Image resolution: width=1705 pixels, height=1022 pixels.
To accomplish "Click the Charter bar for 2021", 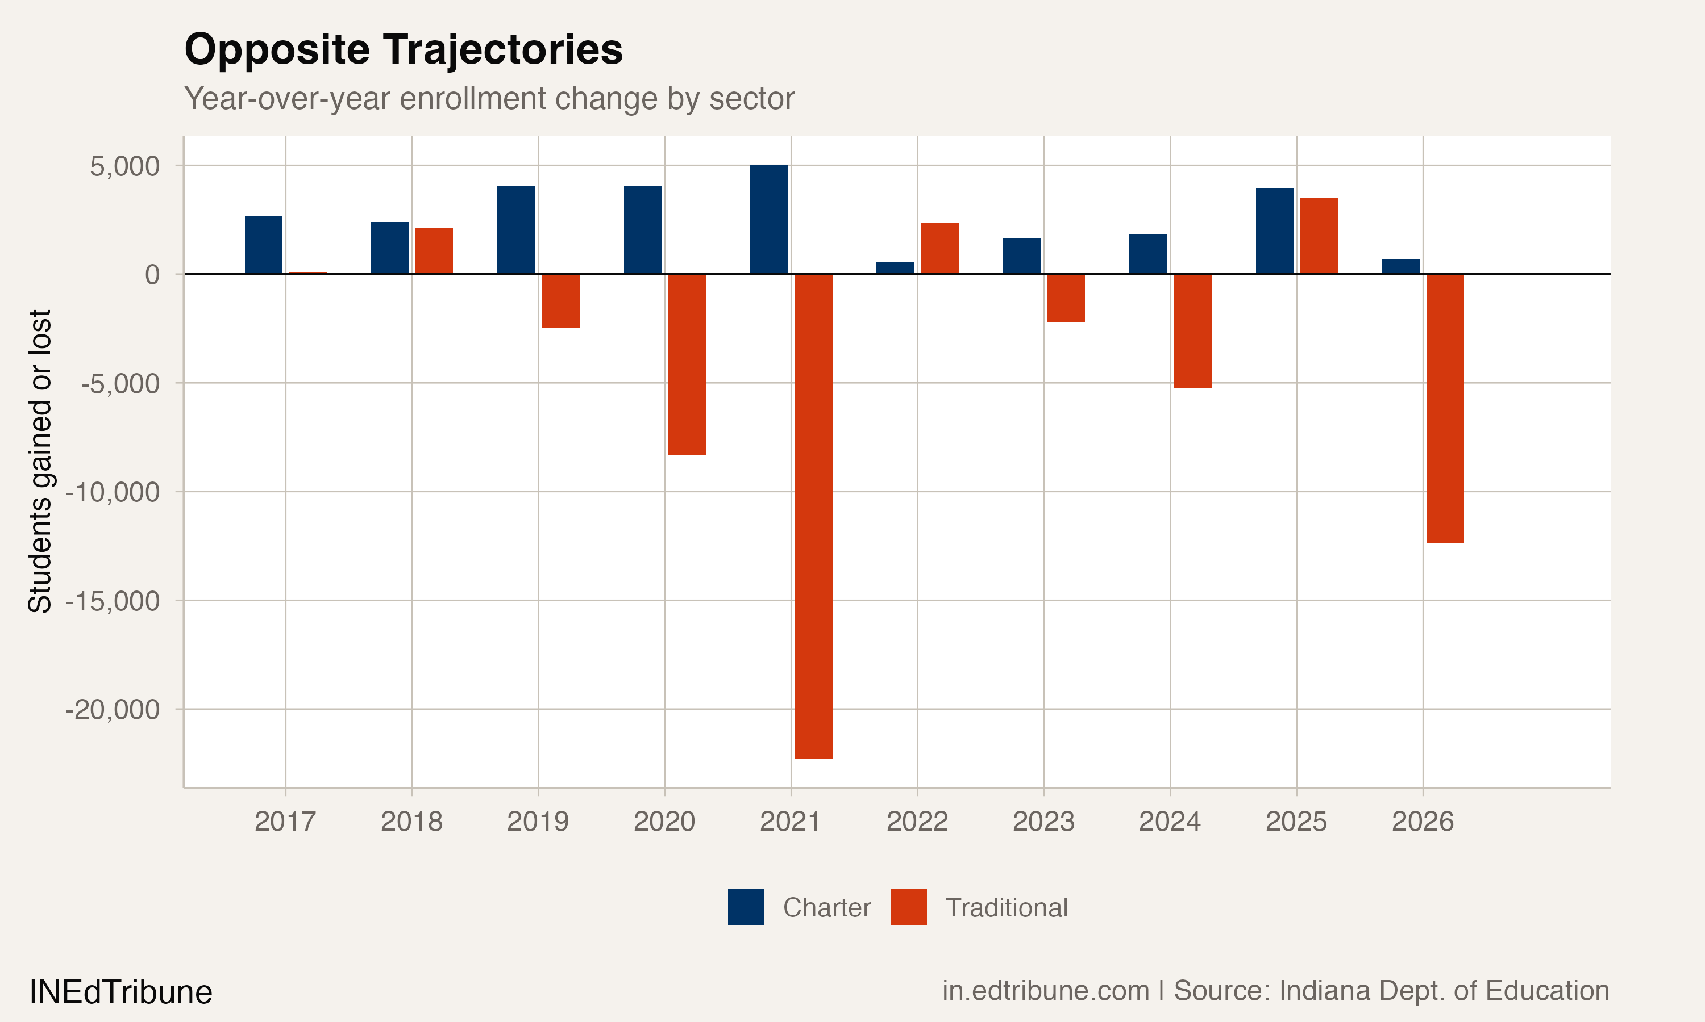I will click(768, 220).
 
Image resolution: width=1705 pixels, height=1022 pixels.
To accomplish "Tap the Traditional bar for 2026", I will click(1445, 408).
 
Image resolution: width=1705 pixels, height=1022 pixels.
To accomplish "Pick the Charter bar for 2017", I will click(263, 245).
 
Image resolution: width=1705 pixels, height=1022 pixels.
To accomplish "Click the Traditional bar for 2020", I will click(687, 365).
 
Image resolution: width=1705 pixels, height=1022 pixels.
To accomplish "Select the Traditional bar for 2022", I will click(939, 248).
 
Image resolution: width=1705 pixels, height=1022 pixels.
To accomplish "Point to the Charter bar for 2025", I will click(1274, 231).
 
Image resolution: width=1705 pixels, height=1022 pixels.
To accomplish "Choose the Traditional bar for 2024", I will click(1192, 331).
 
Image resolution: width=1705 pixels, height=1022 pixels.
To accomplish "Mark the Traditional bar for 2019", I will click(560, 301).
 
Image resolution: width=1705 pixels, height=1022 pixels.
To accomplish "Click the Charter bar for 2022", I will click(895, 268).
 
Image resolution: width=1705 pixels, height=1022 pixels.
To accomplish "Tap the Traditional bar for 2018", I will click(434, 251).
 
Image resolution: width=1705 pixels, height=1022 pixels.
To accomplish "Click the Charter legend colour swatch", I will click(746, 907).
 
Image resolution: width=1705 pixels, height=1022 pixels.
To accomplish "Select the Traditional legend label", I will click(1006, 908).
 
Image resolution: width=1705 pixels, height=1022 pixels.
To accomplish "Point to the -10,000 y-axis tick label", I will click(113, 492).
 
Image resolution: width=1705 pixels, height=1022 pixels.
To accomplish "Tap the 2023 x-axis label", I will click(1043, 822).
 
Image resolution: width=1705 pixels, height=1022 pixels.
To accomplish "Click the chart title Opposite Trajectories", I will click(403, 49).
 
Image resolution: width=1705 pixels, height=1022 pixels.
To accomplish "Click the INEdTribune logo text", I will click(120, 992).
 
